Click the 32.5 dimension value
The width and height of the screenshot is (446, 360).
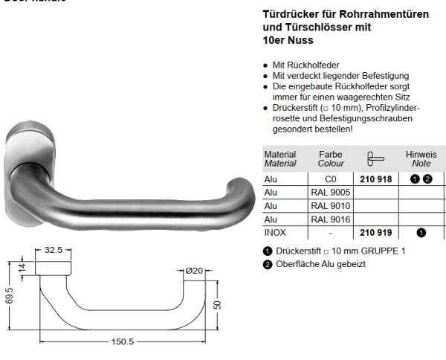coord(53,251)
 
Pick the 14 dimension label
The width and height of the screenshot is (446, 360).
coord(22,269)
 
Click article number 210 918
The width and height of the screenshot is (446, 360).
coord(375,179)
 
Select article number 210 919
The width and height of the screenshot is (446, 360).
coord(375,232)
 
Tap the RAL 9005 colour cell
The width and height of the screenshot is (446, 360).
coord(331,193)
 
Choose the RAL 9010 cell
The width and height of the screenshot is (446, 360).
coord(331,206)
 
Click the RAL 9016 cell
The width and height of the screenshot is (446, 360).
coord(331,219)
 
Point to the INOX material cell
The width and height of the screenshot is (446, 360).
coord(275,232)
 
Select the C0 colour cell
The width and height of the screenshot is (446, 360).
coord(331,179)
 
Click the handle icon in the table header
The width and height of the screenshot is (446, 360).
coord(375,158)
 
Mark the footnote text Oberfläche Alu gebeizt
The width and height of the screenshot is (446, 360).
coord(320,264)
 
